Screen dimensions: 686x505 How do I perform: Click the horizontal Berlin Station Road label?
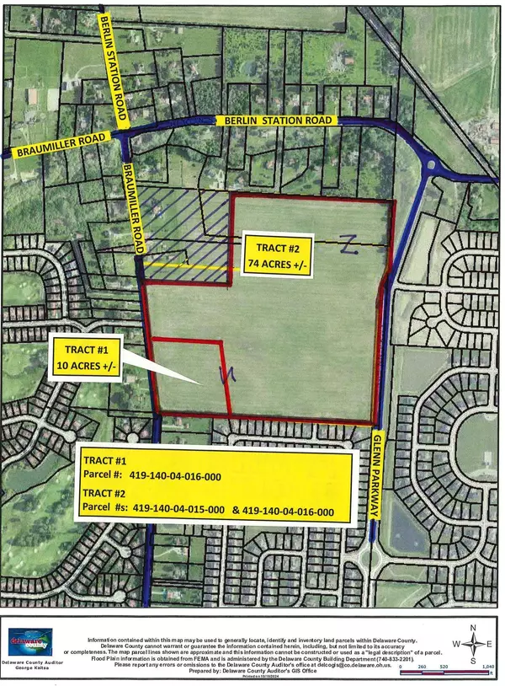280,121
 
